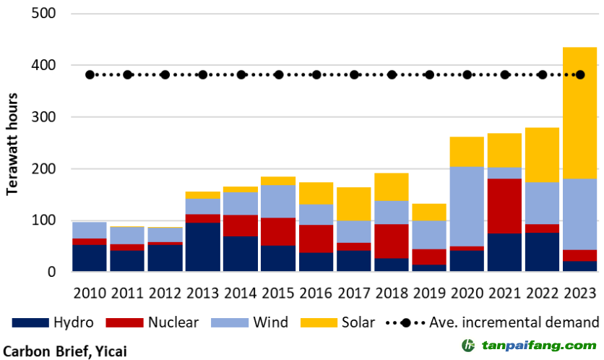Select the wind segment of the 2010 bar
[90, 230]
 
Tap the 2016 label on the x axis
[316, 293]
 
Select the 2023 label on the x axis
[580, 293]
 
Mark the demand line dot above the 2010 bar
[90, 74]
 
